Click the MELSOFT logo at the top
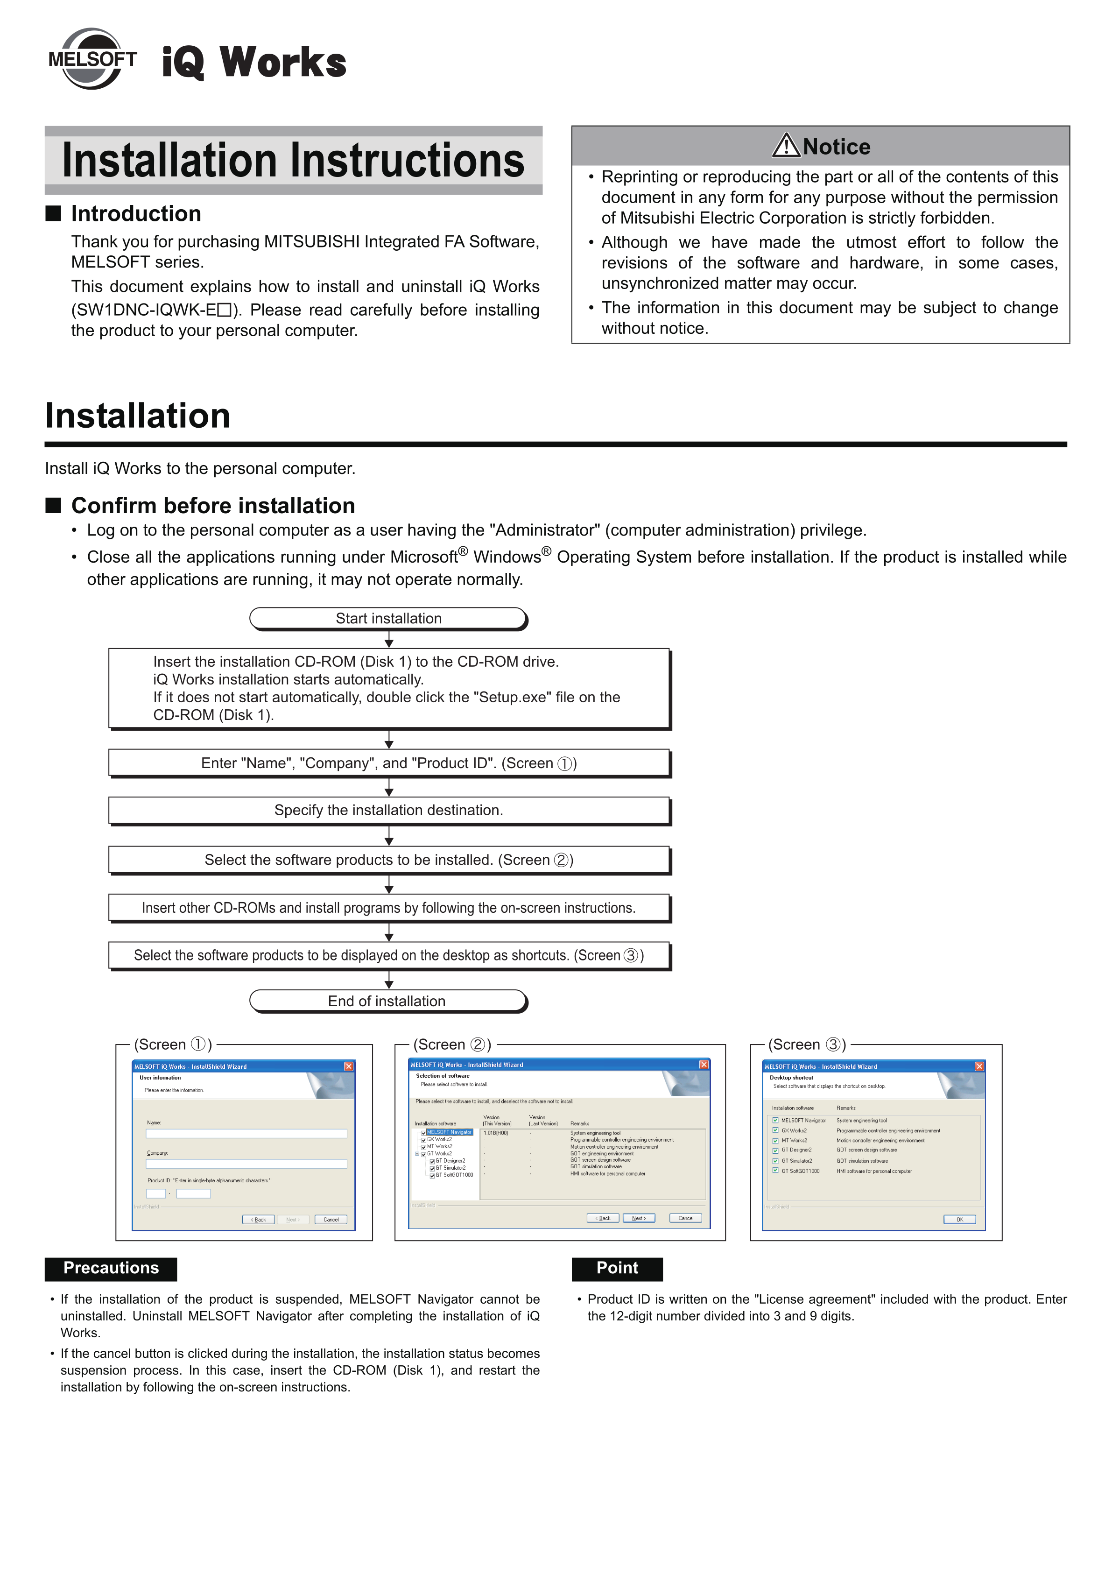(x=92, y=59)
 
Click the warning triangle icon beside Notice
(x=786, y=145)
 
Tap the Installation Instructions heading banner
(x=294, y=161)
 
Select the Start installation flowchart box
(x=388, y=618)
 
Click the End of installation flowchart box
(x=388, y=1001)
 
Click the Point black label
(x=617, y=1268)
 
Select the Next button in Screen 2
(x=638, y=1218)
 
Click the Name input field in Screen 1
(x=246, y=1134)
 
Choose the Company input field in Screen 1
(x=246, y=1164)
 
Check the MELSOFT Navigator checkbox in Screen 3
(x=775, y=1120)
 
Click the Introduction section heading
(x=136, y=214)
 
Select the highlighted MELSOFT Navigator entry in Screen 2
(x=449, y=1132)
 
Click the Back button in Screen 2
(x=603, y=1218)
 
